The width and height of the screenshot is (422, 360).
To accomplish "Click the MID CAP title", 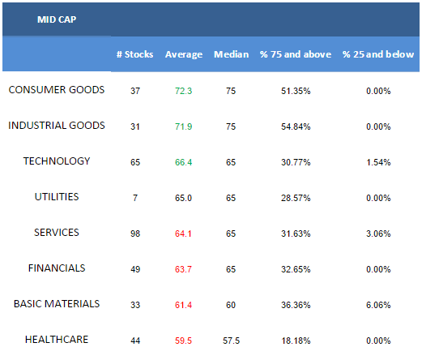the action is pos(57,19).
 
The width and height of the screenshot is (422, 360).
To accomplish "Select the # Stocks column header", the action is pos(134,54).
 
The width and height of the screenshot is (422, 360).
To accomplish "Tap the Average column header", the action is pos(184,54).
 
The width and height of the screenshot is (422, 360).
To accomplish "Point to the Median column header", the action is pos(232,54).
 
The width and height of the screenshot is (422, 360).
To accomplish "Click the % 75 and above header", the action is pos(296,54).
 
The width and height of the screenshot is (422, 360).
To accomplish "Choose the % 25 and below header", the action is pos(378,54).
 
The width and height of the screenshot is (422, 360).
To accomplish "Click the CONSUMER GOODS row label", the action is pos(57,90).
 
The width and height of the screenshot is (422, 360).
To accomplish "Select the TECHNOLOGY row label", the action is pos(57,161).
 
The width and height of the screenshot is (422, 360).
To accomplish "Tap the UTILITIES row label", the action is pos(57,197).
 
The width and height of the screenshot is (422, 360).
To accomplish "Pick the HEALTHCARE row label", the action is pos(57,340).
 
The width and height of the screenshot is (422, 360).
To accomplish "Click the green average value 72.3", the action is pos(183,91).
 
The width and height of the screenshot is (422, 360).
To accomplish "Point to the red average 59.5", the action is pos(183,341).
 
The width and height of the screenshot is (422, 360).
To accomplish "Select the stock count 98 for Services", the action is pos(135,234).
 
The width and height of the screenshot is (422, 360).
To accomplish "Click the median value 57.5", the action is pos(231,341).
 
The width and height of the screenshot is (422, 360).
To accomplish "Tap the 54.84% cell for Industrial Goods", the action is pos(296,126).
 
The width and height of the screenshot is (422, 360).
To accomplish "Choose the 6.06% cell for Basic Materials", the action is pos(378,305).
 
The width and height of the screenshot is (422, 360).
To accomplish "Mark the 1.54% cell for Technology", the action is pos(378,162).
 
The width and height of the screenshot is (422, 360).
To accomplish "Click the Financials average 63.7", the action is pos(183,269).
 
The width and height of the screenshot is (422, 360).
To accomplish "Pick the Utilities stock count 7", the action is pos(135,198).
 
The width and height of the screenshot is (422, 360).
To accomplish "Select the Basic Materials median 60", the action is pos(231,305).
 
